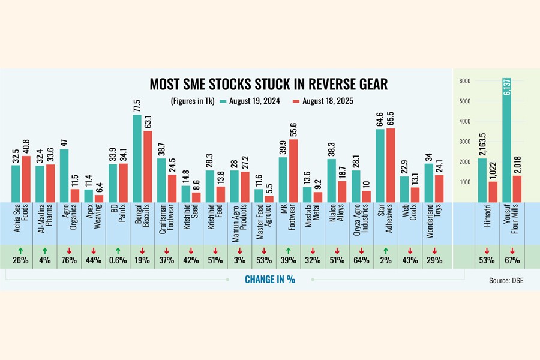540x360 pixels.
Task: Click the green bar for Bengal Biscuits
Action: tap(137, 158)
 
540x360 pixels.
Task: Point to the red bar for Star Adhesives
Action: tap(391, 166)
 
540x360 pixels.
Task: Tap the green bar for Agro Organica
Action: tap(64, 175)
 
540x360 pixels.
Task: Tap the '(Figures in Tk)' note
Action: tap(194, 101)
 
